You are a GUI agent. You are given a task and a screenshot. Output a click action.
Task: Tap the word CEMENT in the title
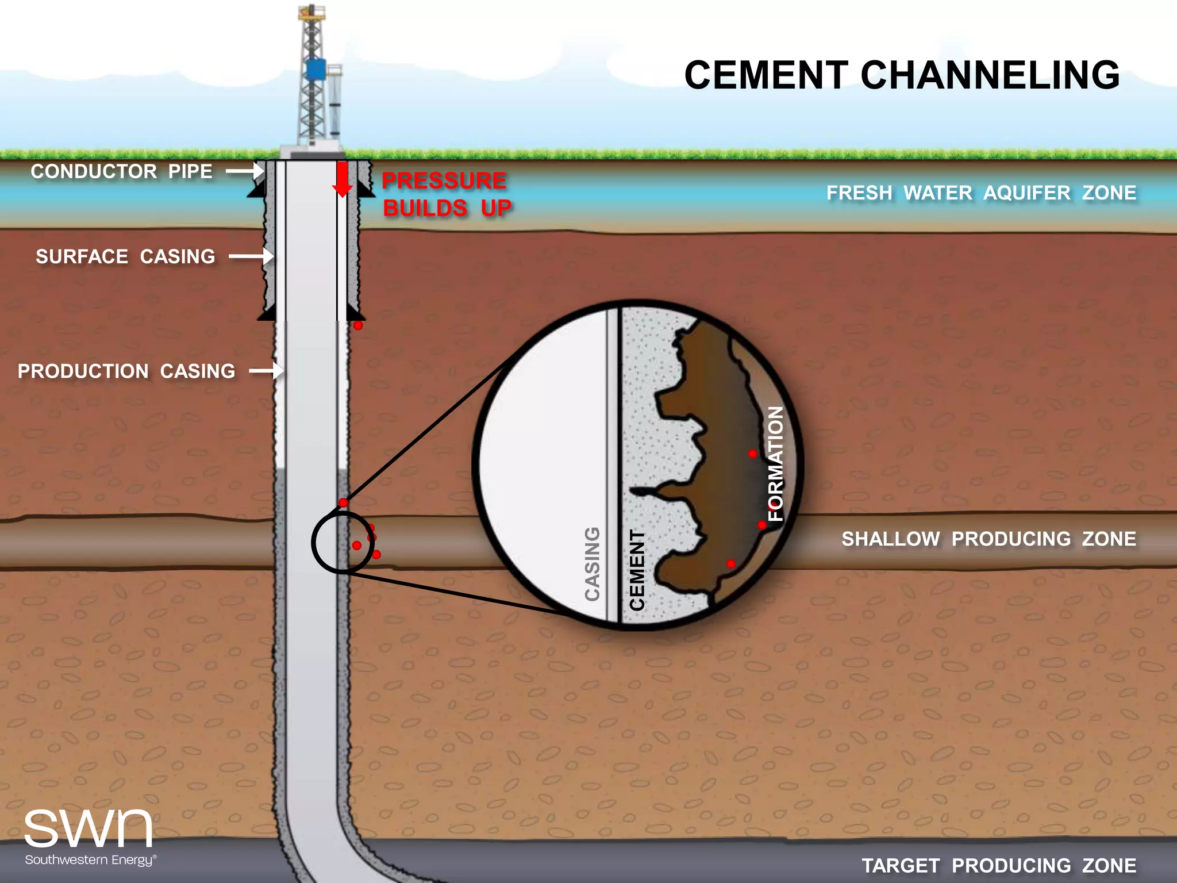[x=766, y=75]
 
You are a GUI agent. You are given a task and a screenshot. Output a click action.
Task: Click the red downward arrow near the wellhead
[x=343, y=180]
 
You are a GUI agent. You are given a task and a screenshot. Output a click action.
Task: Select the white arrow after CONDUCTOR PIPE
[x=244, y=171]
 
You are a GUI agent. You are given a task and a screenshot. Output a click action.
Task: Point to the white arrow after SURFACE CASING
[x=251, y=256]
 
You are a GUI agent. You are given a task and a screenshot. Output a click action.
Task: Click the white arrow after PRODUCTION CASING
[x=266, y=371]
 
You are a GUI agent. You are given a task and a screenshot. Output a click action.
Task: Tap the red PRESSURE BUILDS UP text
[x=446, y=194]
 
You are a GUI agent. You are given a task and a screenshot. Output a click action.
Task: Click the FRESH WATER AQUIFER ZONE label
[x=981, y=193]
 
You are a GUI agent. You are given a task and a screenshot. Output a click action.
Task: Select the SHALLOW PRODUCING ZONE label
[x=988, y=539]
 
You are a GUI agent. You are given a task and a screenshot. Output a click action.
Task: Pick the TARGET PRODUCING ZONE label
[x=999, y=865]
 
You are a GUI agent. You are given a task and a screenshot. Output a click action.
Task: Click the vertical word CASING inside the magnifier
[x=592, y=564]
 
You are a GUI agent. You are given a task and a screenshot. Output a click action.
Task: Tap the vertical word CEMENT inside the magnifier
[x=637, y=570]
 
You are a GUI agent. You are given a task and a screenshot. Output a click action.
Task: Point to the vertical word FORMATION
[x=776, y=463]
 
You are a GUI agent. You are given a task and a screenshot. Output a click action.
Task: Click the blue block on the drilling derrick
[x=315, y=69]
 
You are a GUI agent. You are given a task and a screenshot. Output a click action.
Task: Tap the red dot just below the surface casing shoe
[x=358, y=325]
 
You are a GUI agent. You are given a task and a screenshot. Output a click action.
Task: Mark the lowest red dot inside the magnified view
[x=731, y=564]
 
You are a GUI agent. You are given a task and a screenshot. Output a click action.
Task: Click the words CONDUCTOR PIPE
[x=121, y=171]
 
